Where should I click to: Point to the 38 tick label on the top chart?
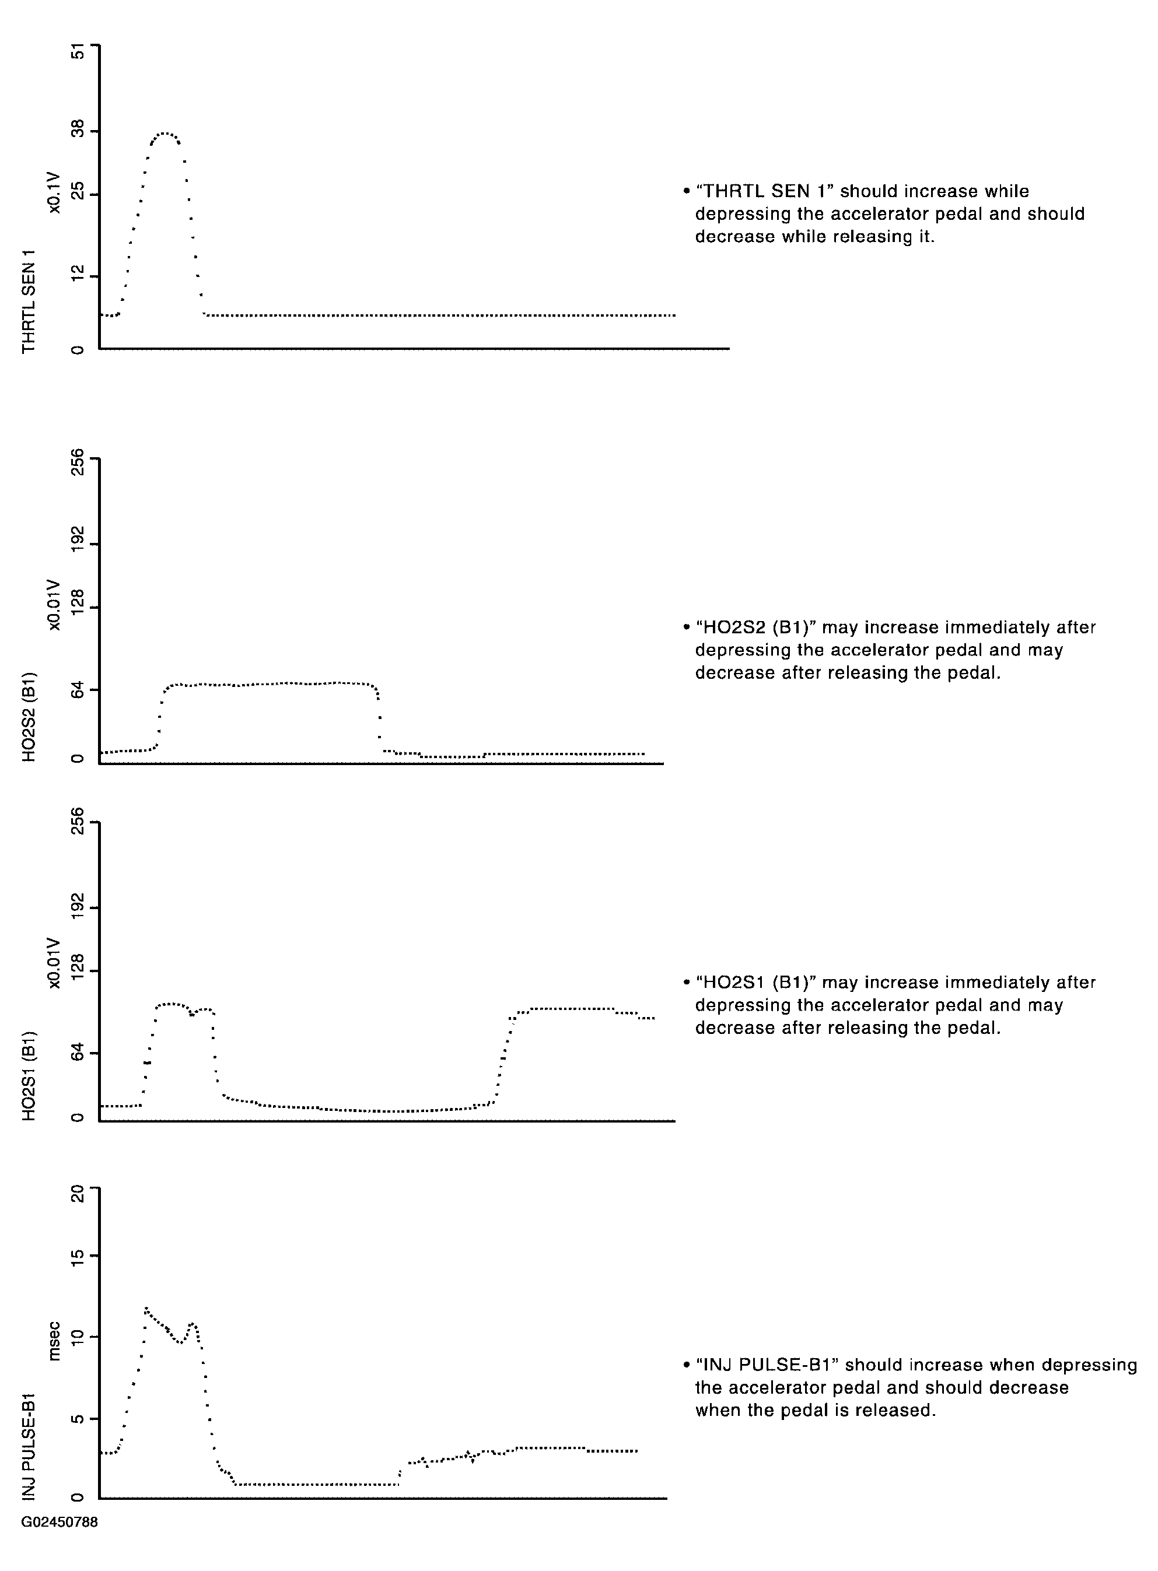click(78, 129)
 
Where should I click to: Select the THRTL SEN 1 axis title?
click(29, 301)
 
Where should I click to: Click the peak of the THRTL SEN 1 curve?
click(165, 133)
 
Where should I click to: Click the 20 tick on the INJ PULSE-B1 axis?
click(78, 1193)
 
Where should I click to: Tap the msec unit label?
click(55, 1341)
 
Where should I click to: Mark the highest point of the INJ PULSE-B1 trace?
click(146, 1308)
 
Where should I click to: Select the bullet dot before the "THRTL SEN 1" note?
click(687, 191)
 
